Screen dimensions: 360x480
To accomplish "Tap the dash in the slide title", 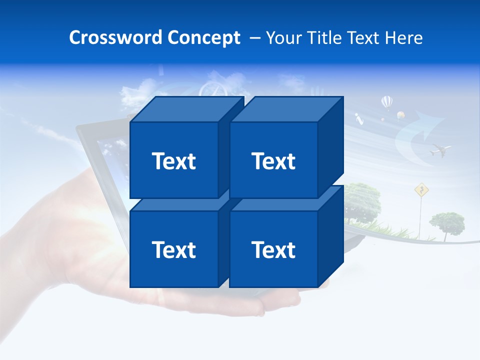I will [254, 38].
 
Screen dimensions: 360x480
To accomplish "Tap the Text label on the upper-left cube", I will [173, 161].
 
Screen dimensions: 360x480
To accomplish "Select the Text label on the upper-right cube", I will [273, 161].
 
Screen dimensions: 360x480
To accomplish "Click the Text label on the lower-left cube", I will [173, 249].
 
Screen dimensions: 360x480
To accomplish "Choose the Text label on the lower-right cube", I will [273, 249].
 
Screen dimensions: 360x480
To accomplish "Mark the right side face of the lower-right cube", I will [331, 235].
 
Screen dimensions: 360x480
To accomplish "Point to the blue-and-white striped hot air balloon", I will [387, 102].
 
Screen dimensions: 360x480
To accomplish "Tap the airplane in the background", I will [440, 149].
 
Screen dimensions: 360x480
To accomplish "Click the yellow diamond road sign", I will [422, 189].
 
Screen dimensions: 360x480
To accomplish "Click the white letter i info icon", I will [358, 118].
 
